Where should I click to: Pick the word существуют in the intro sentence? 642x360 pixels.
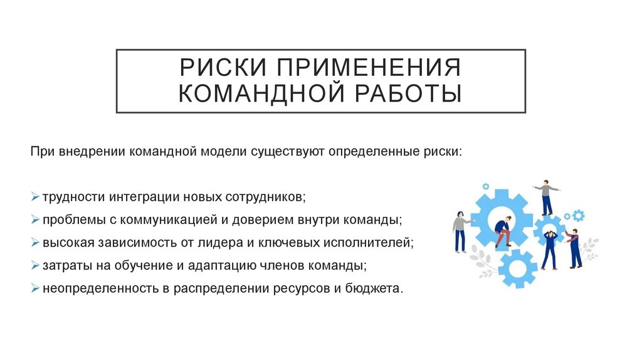click(285, 152)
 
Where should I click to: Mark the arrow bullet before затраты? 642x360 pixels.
click(34, 265)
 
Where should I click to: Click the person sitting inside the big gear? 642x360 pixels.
click(502, 231)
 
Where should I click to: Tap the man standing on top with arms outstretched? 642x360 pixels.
click(546, 196)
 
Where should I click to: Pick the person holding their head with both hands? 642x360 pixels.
click(550, 249)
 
